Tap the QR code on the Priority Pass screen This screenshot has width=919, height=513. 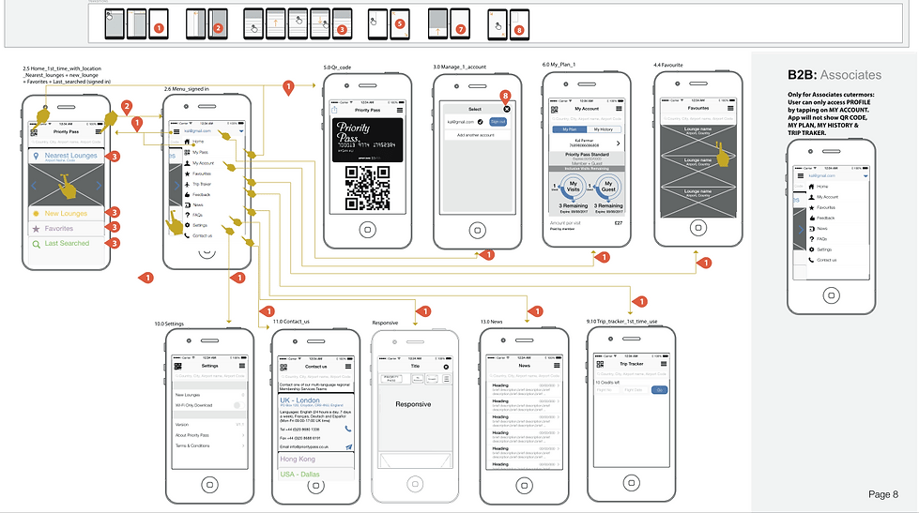coord(368,187)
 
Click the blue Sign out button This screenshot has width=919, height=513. coord(498,122)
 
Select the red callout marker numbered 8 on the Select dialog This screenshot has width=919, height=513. coord(506,96)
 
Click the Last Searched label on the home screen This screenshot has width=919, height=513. coord(67,244)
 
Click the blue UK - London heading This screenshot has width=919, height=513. coord(300,400)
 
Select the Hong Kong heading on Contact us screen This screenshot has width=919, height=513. coord(298,460)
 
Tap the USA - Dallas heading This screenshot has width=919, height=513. coord(299,475)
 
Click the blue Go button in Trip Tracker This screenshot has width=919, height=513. coord(660,389)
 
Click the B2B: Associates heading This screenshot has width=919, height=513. coord(834,74)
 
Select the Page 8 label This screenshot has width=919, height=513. coord(882,494)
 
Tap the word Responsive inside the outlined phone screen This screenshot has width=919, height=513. coord(414,404)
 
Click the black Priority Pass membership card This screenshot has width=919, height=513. coord(368,138)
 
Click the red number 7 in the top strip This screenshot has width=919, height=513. coord(460,29)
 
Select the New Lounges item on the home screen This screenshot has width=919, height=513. coord(66,214)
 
